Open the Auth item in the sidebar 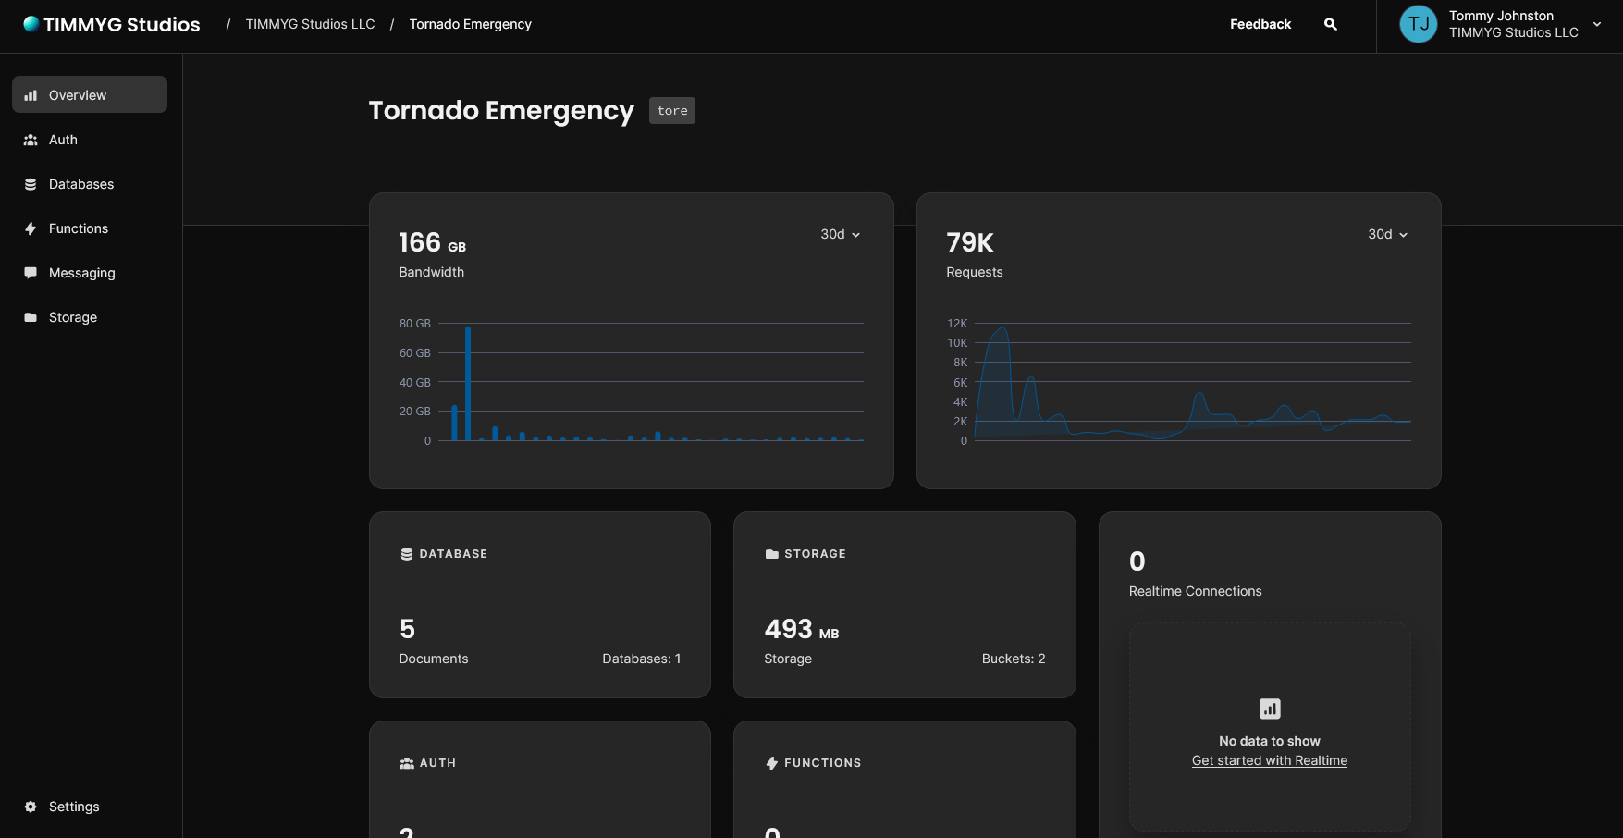[63, 140]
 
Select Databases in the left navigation [81, 184]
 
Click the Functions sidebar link [79, 228]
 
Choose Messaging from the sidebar [82, 273]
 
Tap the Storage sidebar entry [73, 317]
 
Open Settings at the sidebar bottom [74, 807]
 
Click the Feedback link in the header [1260, 24]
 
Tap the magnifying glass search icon [1331, 24]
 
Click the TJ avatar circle [1419, 24]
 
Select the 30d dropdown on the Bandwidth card [840, 235]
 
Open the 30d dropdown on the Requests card [1387, 235]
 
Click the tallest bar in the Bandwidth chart [468, 383]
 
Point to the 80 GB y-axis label [415, 324]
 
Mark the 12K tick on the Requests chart [957, 324]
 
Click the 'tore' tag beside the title [672, 111]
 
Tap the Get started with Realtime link [1269, 760]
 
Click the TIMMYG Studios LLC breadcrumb [310, 24]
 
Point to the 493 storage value [789, 629]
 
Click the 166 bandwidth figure [420, 242]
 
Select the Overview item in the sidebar [78, 95]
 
